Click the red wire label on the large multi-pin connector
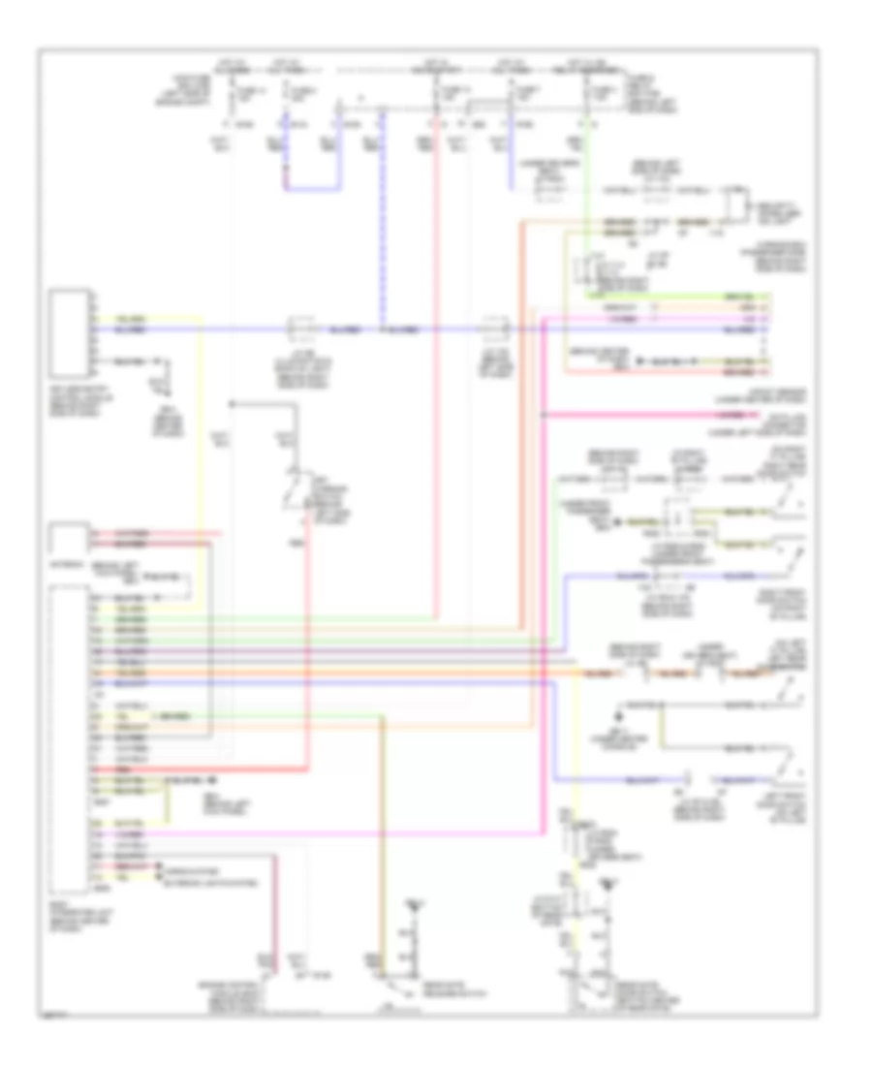coord(101,769)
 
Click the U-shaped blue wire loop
coord(312,189)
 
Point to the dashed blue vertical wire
coord(382,223)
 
